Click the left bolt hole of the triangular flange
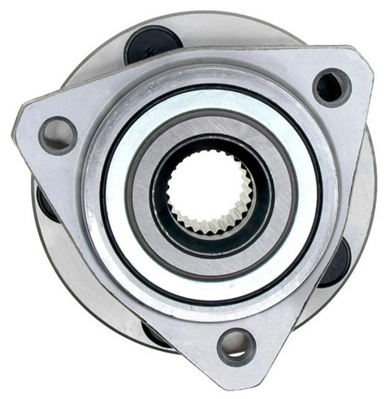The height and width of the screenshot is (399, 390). pos(58,135)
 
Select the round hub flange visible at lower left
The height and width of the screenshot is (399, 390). pos(75,291)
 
